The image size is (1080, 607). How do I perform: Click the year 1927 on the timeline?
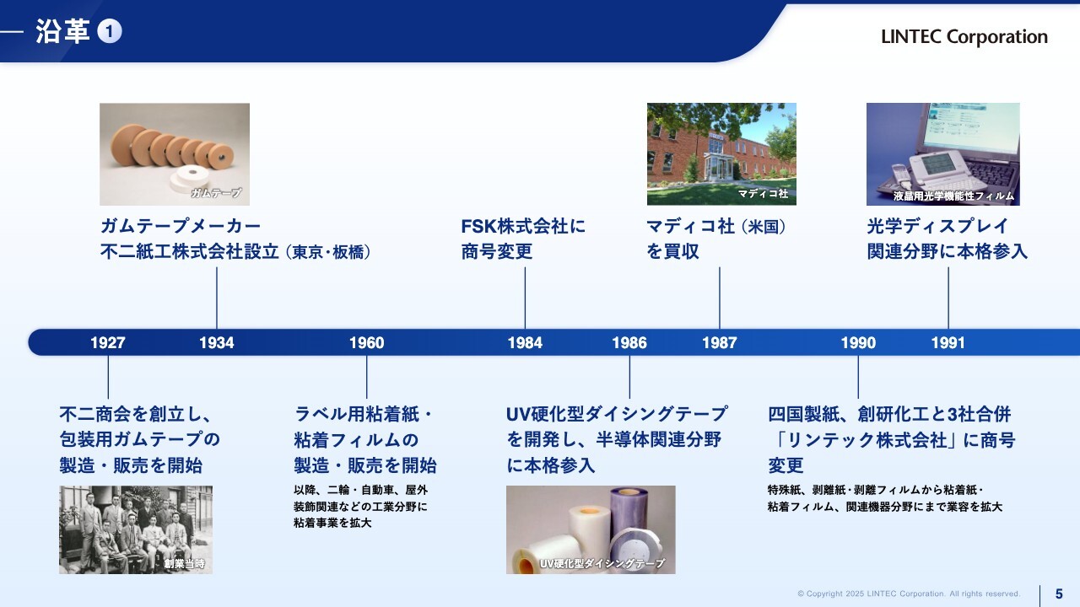click(x=108, y=342)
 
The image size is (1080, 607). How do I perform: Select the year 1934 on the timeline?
click(x=217, y=342)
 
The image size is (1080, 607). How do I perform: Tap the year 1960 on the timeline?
click(x=366, y=342)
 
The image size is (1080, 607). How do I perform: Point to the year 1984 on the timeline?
click(x=525, y=342)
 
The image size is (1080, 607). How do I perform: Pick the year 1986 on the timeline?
click(x=629, y=342)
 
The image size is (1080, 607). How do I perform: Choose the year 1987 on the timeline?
click(x=720, y=342)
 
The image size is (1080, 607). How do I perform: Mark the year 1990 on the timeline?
click(x=858, y=342)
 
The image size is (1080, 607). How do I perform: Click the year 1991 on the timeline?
click(x=948, y=342)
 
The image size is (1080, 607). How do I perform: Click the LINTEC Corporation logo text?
click(x=964, y=36)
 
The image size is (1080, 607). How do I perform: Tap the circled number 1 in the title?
click(x=110, y=31)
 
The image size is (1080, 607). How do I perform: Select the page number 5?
click(x=1059, y=594)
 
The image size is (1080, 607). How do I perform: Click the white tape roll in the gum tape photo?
click(x=189, y=179)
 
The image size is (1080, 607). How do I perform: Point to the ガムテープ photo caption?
click(x=216, y=193)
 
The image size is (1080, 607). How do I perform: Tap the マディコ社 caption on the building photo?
click(x=763, y=193)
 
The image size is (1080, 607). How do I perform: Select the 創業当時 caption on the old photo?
click(x=185, y=563)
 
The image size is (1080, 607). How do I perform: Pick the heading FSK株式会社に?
click(x=523, y=226)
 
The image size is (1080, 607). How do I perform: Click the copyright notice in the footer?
click(x=909, y=594)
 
